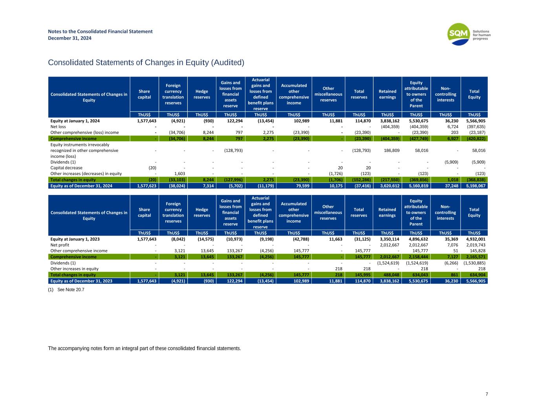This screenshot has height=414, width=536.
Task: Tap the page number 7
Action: coord(487,394)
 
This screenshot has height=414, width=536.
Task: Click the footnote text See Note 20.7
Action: coord(71,290)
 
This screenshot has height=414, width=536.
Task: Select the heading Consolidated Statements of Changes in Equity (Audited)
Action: coord(146,63)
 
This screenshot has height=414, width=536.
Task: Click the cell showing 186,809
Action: coord(391,150)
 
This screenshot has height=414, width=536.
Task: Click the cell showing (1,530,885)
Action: coord(474,263)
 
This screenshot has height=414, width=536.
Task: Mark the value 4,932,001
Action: coord(476,239)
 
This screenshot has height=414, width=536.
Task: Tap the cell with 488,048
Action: coord(391,275)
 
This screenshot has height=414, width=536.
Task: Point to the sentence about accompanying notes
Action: coord(144,348)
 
